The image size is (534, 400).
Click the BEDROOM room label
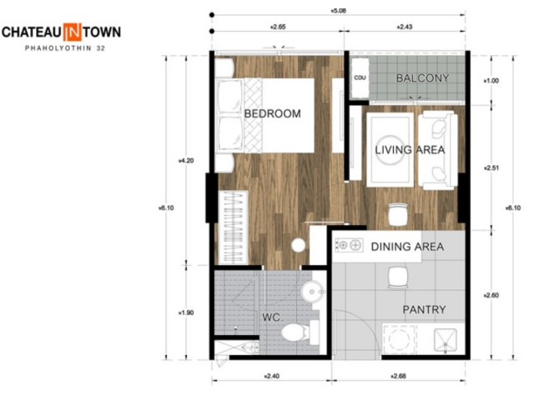[x=273, y=113]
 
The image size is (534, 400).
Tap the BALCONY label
[x=423, y=78]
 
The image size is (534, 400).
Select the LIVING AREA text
[x=410, y=150]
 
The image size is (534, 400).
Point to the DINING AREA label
[x=407, y=247]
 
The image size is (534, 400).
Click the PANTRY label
[x=424, y=309]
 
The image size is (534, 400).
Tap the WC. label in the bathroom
[x=273, y=317]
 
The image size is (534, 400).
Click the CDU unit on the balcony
[x=360, y=78]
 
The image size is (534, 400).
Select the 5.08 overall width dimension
[x=338, y=11]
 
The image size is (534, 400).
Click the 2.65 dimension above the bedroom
[x=278, y=27]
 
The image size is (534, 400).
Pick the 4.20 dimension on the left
[x=186, y=161]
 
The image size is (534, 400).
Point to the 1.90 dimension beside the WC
[x=186, y=312]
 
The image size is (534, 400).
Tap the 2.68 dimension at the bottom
[x=398, y=376]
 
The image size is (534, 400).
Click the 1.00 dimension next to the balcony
[x=491, y=81]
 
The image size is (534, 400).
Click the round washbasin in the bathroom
[x=312, y=292]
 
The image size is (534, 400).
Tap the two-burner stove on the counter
[x=349, y=245]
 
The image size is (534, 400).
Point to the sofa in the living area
[x=438, y=150]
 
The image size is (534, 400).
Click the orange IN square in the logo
[x=73, y=32]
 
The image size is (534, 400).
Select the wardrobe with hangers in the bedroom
[x=234, y=227]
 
